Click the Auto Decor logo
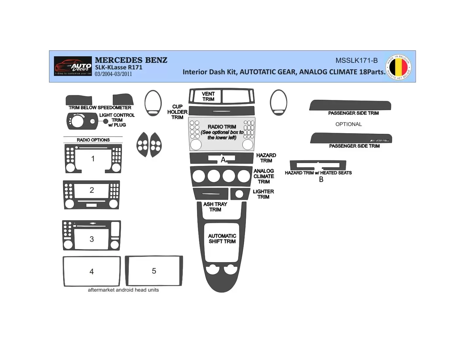(73, 66)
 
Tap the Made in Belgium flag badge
(398, 67)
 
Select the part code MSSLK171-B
(356, 61)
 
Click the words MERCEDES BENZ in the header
(131, 60)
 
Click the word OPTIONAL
(349, 124)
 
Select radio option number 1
(93, 159)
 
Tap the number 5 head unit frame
(127, 271)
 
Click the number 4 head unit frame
(64, 271)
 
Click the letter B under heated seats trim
(321, 179)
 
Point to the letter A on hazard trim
(223, 160)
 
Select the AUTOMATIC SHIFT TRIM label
(222, 239)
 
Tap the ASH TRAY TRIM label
(215, 207)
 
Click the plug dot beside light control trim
(106, 121)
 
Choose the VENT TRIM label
(208, 97)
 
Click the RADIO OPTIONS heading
(93, 140)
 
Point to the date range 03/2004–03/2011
(113, 74)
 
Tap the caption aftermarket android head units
(123, 290)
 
